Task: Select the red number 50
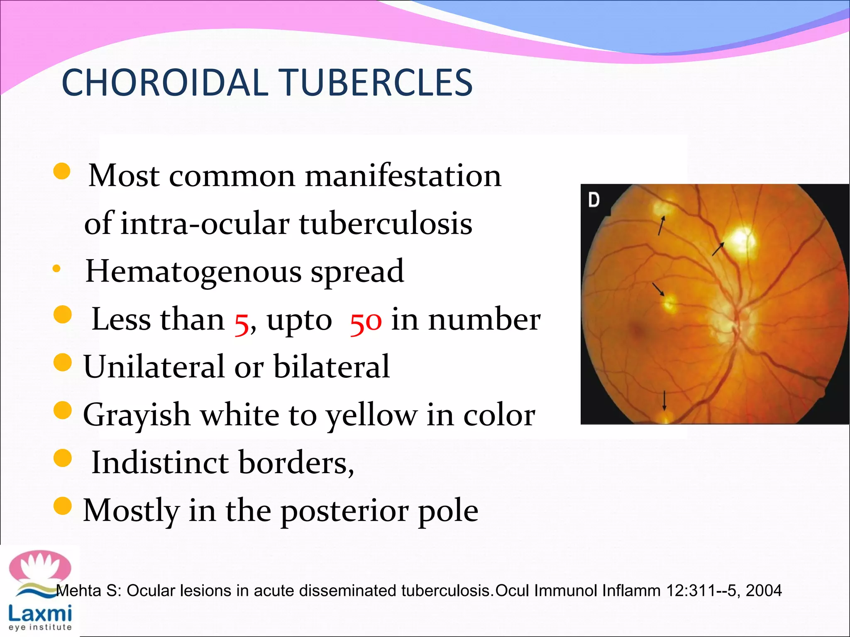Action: click(x=366, y=321)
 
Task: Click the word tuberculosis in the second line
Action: click(x=386, y=224)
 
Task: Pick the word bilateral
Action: click(x=332, y=367)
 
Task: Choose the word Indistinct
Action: click(x=160, y=462)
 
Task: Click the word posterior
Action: click(x=344, y=511)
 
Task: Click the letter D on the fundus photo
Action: click(x=594, y=200)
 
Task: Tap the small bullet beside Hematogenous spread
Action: click(x=57, y=269)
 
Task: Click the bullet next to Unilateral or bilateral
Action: click(x=63, y=362)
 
